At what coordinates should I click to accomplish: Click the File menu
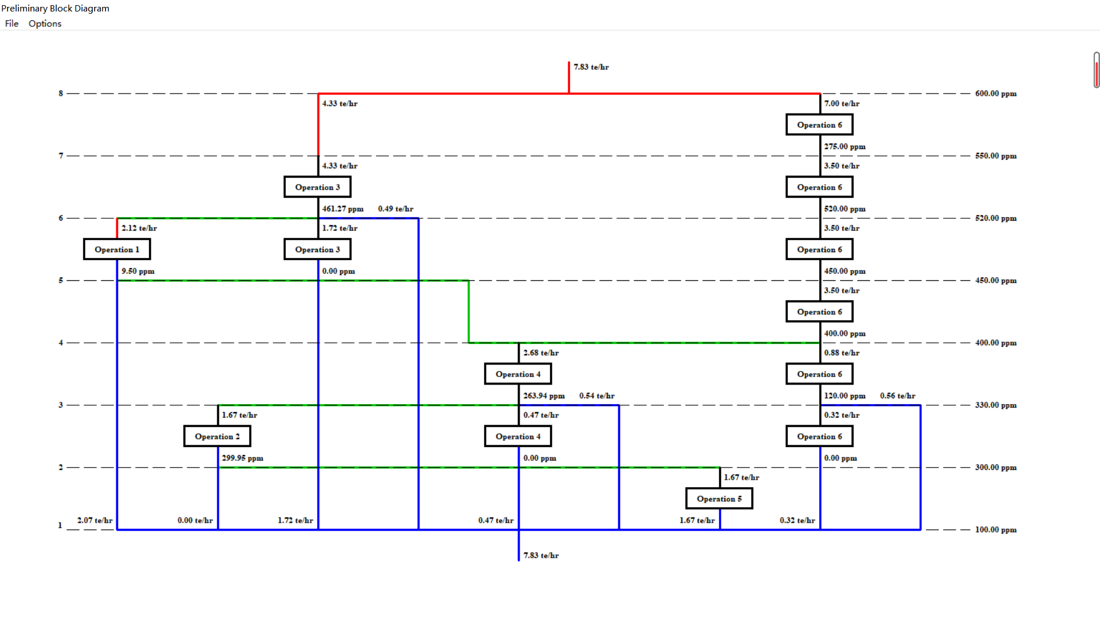[x=11, y=23]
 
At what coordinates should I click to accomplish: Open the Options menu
[x=45, y=23]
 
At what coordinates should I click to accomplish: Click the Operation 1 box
[x=117, y=249]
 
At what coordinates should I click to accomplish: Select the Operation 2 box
[x=217, y=436]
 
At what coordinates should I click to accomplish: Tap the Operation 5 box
[x=719, y=499]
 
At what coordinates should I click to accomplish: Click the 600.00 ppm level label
[x=996, y=93]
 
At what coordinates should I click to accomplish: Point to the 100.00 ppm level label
[x=996, y=530]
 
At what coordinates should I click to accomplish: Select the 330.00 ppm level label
[x=996, y=405]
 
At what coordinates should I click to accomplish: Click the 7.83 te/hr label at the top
[x=591, y=67]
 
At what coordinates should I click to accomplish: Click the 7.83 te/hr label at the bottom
[x=541, y=555]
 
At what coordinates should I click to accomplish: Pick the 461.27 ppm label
[x=343, y=209]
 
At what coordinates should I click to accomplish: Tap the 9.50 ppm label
[x=138, y=271]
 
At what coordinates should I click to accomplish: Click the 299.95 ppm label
[x=243, y=458]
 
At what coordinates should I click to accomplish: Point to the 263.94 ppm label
[x=544, y=396]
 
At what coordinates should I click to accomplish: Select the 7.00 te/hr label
[x=842, y=104]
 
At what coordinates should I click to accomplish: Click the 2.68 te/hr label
[x=541, y=353]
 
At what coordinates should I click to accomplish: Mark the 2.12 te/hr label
[x=139, y=228]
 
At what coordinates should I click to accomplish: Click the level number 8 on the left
[x=61, y=93]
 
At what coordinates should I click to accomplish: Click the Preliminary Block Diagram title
[x=55, y=8]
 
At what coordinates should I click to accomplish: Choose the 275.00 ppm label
[x=844, y=147]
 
